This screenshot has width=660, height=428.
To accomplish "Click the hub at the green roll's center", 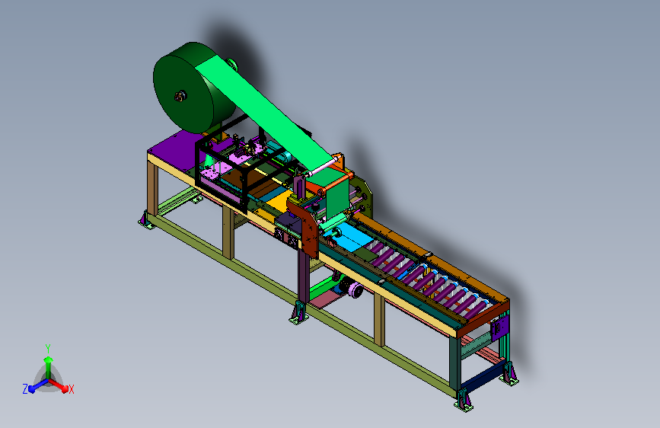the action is tap(180, 97).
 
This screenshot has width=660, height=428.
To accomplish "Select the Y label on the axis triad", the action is tap(48, 348).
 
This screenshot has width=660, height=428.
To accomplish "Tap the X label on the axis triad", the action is tap(71, 389).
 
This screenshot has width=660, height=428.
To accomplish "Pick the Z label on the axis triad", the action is tap(25, 389).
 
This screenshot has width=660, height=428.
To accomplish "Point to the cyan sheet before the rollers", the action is tap(353, 236).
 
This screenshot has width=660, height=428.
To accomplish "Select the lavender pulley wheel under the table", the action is tap(355, 290).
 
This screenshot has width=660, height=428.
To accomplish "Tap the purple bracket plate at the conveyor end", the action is tap(499, 327).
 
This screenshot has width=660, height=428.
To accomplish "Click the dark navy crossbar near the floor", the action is tap(483, 376).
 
